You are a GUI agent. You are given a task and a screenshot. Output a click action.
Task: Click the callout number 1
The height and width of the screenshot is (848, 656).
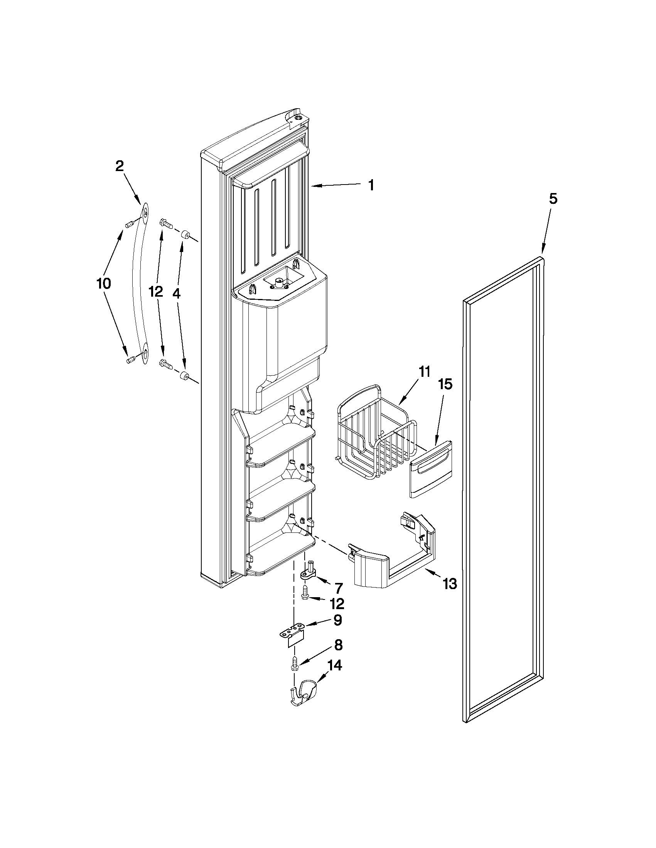371,185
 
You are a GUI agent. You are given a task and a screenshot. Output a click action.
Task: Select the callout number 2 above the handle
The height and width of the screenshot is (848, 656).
120,166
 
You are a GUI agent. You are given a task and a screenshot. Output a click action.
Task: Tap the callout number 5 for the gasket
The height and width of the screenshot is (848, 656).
553,199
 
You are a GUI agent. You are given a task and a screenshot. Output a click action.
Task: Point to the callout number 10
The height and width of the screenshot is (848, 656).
103,284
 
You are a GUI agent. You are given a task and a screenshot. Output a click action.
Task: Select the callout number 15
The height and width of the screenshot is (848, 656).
446,385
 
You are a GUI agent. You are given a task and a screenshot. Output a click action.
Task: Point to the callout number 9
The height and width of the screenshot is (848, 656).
337,620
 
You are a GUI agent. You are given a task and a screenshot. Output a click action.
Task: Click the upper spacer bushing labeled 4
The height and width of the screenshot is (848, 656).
186,235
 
